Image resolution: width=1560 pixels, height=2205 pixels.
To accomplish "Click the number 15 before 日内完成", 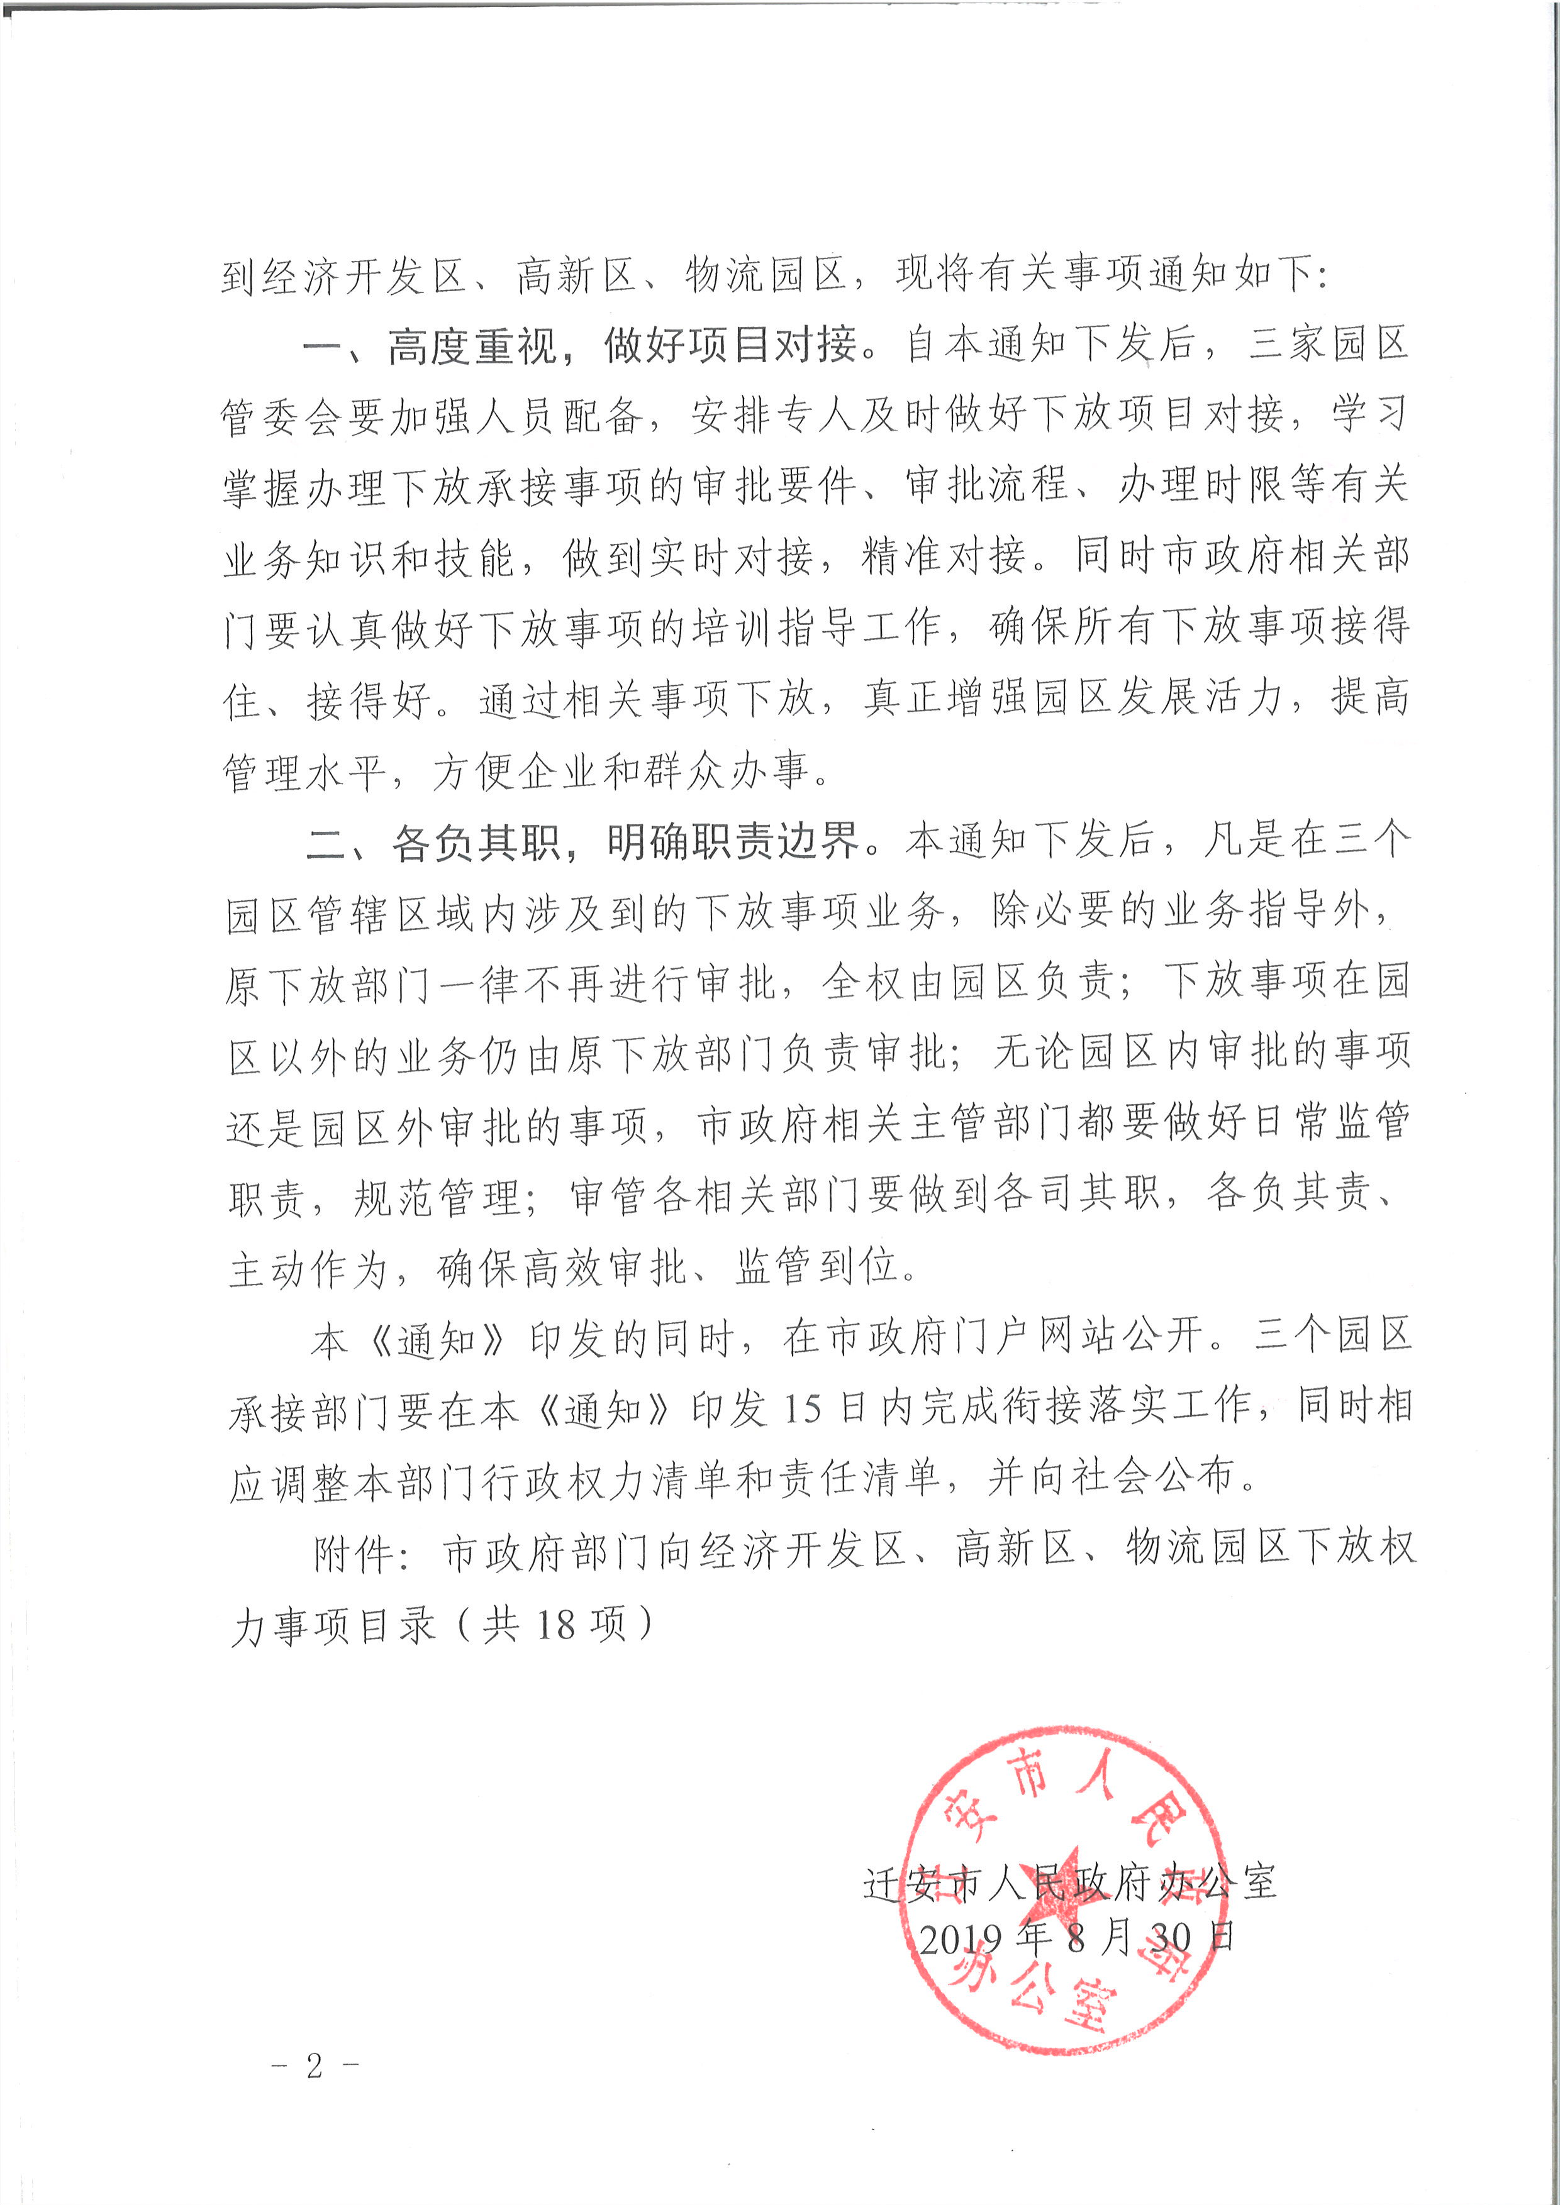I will click(802, 1408).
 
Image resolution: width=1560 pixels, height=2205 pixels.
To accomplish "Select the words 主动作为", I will click(308, 1269).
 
